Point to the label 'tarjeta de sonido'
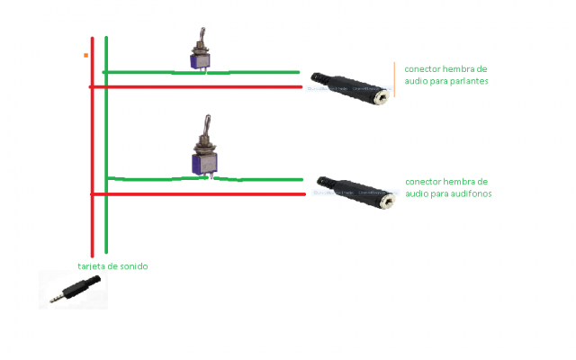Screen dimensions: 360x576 (x=112, y=266)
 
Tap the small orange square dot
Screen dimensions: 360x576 (x=85, y=56)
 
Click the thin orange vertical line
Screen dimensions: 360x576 (x=394, y=79)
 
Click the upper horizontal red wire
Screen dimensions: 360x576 (x=198, y=87)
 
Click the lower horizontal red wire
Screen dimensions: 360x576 (x=198, y=194)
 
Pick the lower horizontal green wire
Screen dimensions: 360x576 (x=261, y=179)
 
